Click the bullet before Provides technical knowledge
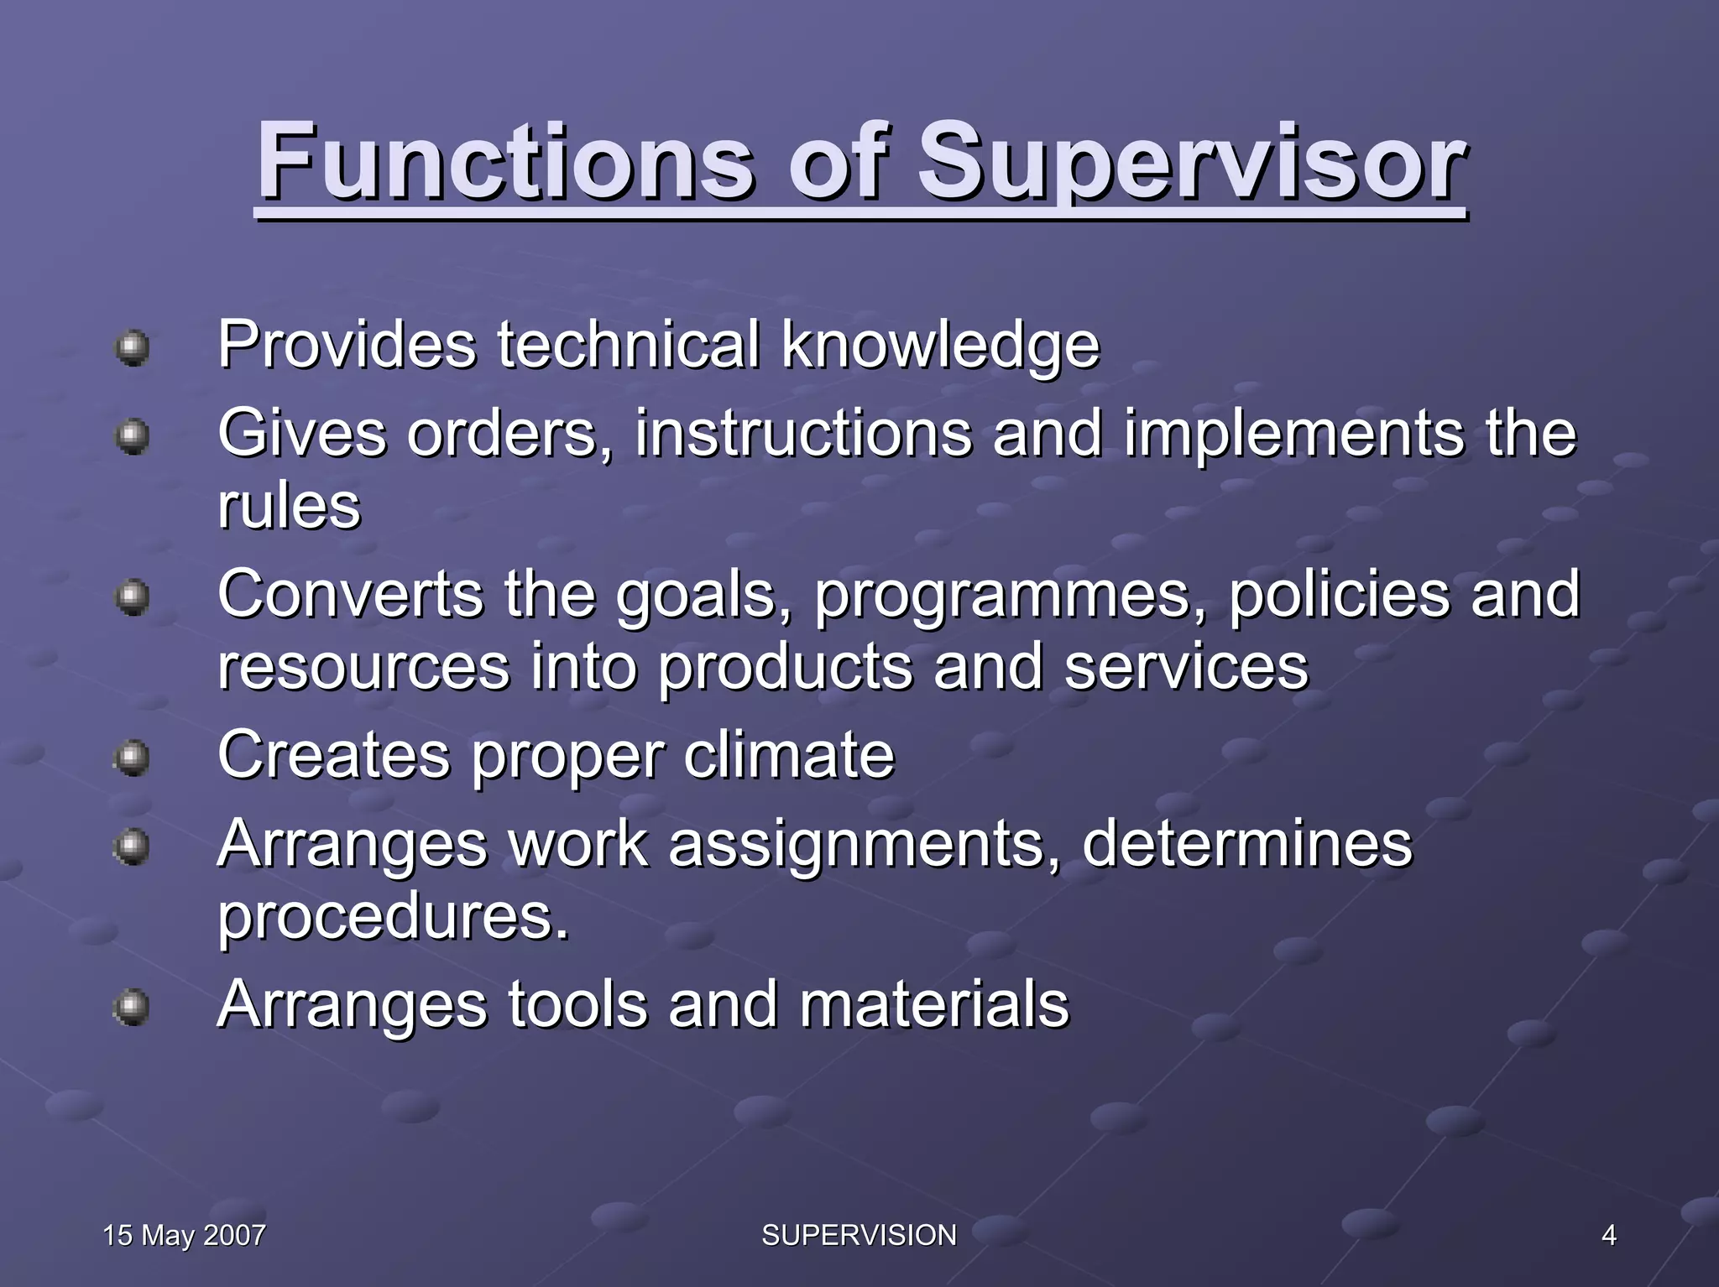tap(133, 346)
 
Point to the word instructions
tap(803, 434)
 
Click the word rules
tap(289, 506)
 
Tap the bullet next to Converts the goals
tap(133, 597)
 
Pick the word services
tap(1186, 667)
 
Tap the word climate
tap(789, 754)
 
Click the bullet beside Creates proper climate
tap(133, 758)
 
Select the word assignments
tap(865, 844)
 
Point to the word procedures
tap(393, 917)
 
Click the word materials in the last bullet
tap(933, 1004)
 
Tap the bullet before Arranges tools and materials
tap(133, 1007)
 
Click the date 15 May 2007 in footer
tap(184, 1235)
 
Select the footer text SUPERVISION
tap(859, 1235)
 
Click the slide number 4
tap(1608, 1235)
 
